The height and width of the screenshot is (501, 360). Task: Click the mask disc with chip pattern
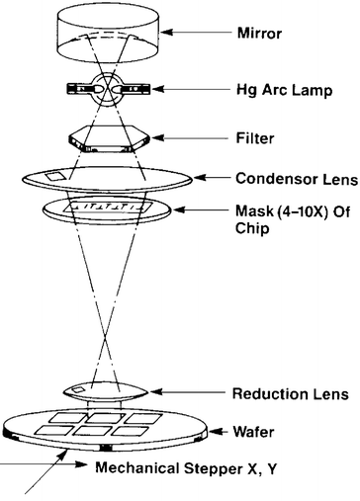(106, 211)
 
